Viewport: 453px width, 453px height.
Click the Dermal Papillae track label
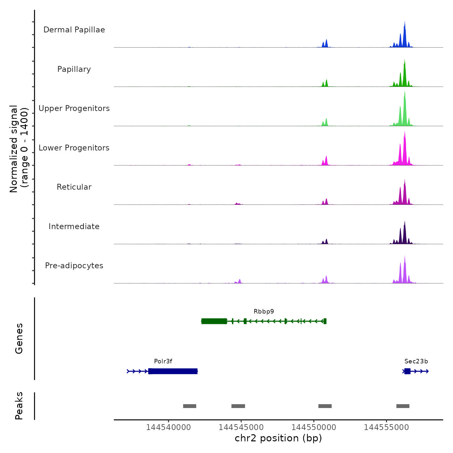pos(74,30)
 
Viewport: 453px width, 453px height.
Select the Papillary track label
pos(74,69)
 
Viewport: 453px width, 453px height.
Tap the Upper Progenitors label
pos(74,108)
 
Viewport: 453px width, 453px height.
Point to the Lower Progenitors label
pos(74,148)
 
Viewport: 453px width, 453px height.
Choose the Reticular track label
pos(74,187)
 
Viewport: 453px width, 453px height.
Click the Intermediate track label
pos(74,226)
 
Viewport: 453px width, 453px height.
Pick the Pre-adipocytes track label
pos(74,266)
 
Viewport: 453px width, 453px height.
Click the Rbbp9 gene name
pos(264,312)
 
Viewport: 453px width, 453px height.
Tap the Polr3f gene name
pos(163,361)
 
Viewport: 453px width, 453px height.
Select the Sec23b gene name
pos(416,361)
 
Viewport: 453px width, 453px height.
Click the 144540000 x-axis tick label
pos(168,427)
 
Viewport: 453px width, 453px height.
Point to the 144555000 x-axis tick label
pos(386,427)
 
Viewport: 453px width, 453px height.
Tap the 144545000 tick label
pos(241,427)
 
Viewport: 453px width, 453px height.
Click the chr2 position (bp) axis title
pos(278,438)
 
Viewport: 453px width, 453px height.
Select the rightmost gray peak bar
pos(403,406)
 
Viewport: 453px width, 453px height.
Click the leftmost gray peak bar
pos(190,406)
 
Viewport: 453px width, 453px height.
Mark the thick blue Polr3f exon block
pos(173,371)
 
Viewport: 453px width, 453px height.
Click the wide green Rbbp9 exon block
pos(214,321)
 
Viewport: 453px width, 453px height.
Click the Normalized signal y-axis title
pos(19,149)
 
